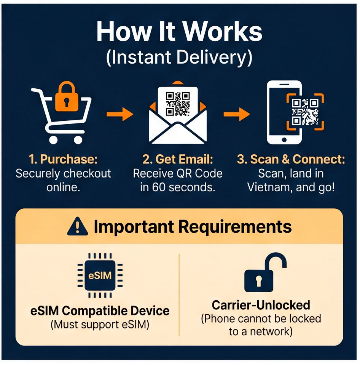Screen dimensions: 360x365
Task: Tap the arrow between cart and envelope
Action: click(x=120, y=114)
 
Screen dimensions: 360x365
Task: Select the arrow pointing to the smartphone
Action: click(x=237, y=114)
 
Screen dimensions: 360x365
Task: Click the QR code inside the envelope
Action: click(x=178, y=104)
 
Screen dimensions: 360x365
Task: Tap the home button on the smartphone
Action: click(x=284, y=140)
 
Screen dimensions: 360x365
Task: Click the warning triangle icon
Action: click(x=78, y=226)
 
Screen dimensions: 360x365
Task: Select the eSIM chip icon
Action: click(x=100, y=275)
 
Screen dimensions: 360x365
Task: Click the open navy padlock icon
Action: click(x=265, y=272)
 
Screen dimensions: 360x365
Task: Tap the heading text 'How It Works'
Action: click(x=179, y=31)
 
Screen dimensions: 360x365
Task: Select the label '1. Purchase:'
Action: click(x=63, y=159)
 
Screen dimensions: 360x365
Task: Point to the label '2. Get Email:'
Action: click(x=178, y=159)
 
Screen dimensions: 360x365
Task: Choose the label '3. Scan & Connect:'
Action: click(x=291, y=159)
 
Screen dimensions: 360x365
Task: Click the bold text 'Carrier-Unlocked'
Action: click(x=261, y=305)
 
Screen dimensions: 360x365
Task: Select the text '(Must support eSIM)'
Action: click(x=100, y=325)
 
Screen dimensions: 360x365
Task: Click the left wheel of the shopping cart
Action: click(x=53, y=140)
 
